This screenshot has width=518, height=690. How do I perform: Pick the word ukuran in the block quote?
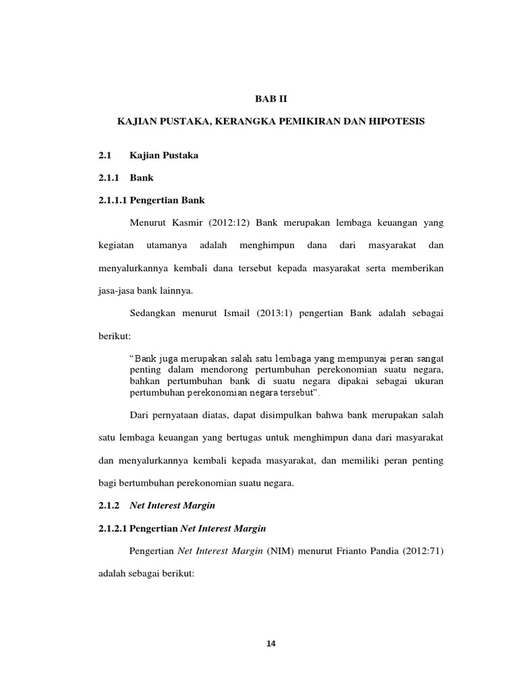pos(429,381)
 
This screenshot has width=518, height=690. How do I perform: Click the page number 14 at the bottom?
pos(271,644)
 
